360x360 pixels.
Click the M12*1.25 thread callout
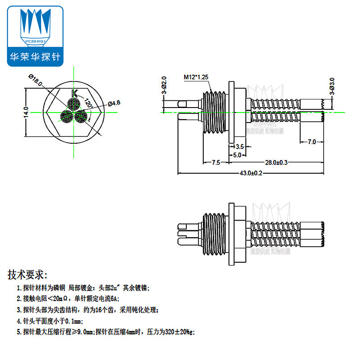click(x=196, y=77)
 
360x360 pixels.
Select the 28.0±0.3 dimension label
click(x=276, y=162)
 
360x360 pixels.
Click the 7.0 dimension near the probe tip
click(x=311, y=142)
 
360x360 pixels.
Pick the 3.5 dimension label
click(x=239, y=147)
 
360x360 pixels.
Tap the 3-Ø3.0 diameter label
click(x=332, y=86)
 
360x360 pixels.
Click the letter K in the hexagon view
click(x=75, y=94)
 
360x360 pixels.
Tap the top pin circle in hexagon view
click(x=72, y=104)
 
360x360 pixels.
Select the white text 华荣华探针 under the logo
click(x=37, y=57)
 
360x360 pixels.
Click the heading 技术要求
click(x=27, y=274)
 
